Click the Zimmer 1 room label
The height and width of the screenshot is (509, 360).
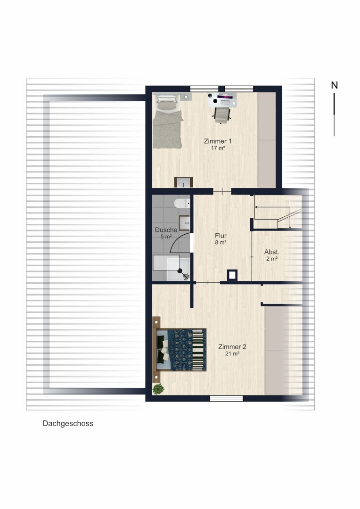coord(218,141)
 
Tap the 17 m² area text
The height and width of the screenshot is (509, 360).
coord(218,148)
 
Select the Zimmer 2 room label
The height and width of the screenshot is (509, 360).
coord(232,347)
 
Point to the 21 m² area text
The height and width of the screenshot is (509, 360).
coord(232,353)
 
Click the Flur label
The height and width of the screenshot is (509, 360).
coord(221,236)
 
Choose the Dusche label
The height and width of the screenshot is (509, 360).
coord(166,230)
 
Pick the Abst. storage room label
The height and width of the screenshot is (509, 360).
coord(272,252)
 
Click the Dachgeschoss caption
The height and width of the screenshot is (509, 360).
coord(68,423)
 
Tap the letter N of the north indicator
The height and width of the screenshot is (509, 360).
coord(335,85)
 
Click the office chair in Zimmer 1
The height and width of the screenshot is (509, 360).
coord(222,115)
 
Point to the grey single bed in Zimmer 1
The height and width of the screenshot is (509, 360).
coord(167,122)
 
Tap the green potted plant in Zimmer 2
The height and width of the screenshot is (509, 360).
coord(158,389)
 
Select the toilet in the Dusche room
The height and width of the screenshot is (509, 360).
coord(182,204)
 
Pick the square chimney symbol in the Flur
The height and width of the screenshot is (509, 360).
coord(232,275)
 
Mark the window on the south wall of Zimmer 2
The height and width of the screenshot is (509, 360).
coord(226,398)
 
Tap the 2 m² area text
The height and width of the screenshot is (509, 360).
coord(272,259)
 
